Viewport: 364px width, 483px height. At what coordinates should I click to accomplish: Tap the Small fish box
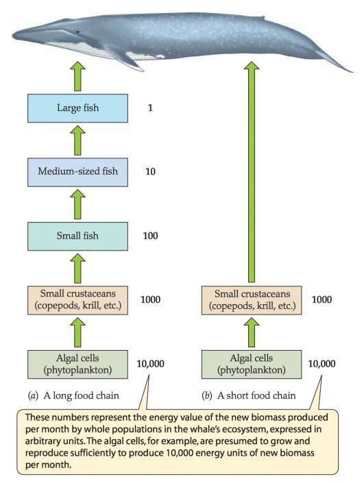click(77, 236)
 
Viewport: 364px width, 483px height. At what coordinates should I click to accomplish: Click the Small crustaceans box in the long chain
click(77, 299)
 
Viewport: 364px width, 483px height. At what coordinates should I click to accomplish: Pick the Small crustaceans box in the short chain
click(251, 299)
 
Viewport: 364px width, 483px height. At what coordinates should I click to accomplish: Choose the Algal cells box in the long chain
click(77, 363)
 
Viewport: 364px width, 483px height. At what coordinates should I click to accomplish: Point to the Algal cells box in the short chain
click(251, 363)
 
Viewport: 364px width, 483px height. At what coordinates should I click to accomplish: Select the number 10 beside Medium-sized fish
click(151, 171)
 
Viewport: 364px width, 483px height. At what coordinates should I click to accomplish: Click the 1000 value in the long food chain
click(151, 299)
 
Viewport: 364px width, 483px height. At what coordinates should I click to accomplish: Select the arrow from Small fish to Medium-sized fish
click(77, 203)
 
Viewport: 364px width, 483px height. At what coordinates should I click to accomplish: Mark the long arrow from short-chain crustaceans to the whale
click(251, 171)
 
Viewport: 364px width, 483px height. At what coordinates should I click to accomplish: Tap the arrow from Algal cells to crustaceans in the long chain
click(77, 332)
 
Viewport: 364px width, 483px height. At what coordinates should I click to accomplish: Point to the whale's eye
click(77, 32)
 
